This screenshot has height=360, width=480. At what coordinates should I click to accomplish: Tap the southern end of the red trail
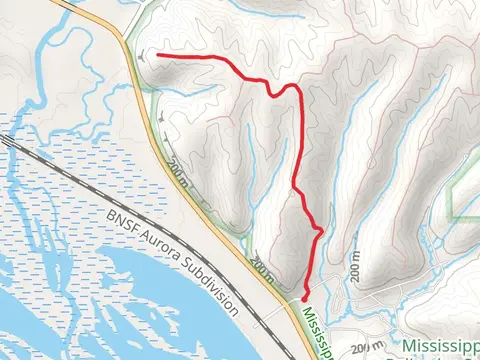(x=304, y=295)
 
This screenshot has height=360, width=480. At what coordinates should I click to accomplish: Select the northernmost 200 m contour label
(x=178, y=170)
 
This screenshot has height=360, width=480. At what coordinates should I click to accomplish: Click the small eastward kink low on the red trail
(x=319, y=232)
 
